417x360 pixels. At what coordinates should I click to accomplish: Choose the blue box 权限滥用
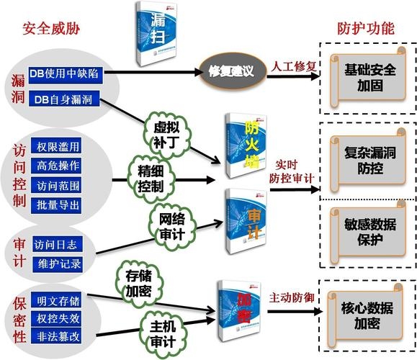tap(58, 146)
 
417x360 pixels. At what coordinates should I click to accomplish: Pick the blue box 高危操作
tap(58, 166)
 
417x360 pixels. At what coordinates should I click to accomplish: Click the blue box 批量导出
tap(58, 204)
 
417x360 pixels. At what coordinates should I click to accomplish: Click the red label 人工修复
tap(293, 67)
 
